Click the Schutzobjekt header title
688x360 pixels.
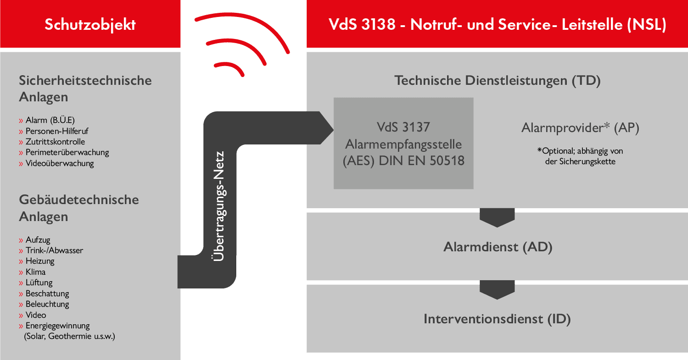(90, 24)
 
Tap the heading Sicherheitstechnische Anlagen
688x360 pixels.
(85, 89)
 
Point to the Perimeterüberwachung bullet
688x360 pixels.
(67, 152)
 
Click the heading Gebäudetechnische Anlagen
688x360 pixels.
(78, 208)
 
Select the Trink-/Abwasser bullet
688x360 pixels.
(54, 250)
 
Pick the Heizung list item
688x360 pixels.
(40, 261)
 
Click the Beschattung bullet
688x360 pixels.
(47, 294)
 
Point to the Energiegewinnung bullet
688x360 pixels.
(57, 326)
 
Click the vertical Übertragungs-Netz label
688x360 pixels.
(220, 206)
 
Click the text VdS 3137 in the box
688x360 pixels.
(403, 127)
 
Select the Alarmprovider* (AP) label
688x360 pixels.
(580, 128)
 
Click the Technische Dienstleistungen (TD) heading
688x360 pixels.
(497, 81)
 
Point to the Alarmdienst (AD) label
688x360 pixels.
(497, 247)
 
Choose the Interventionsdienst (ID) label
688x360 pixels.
(497, 319)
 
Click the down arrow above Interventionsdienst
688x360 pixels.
(497, 290)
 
